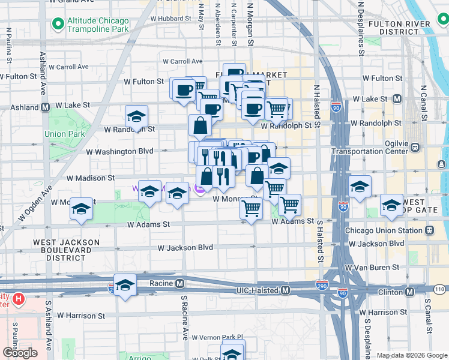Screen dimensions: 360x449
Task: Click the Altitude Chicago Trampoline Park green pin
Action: tap(58, 24)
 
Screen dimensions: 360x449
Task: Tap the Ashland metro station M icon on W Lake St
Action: tap(45, 108)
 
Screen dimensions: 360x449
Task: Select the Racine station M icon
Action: tap(179, 283)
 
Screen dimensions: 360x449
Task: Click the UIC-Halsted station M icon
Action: tap(286, 290)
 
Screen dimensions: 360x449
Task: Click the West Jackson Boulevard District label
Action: tap(66, 250)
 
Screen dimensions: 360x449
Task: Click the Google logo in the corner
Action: tap(20, 353)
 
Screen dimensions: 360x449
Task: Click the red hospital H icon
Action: tap(19, 298)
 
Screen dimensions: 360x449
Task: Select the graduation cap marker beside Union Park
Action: tap(137, 117)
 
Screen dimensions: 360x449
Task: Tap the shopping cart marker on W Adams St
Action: tap(251, 209)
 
